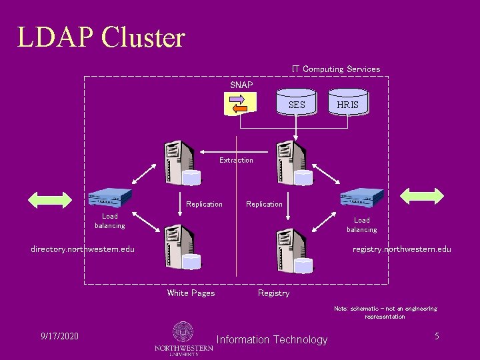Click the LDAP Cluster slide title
tap(101, 37)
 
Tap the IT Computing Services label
tap(336, 69)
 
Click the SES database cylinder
tap(297, 105)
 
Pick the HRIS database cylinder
tap(347, 105)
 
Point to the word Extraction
tap(236, 160)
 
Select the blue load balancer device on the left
tap(109, 197)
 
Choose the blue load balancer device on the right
tap(361, 197)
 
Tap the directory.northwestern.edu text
tap(83, 249)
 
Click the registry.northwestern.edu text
tap(402, 249)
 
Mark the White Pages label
tap(191, 293)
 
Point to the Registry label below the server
tap(273, 293)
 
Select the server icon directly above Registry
tap(293, 250)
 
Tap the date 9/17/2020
tap(59, 336)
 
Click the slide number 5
tap(437, 336)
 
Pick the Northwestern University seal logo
tap(183, 332)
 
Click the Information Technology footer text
tap(272, 340)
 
